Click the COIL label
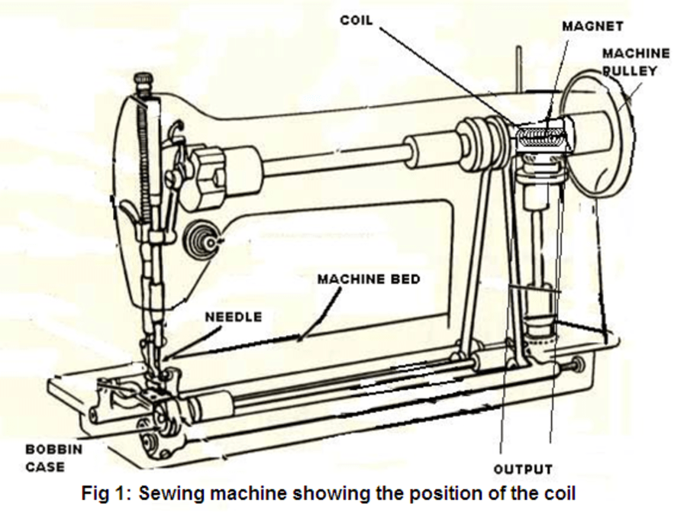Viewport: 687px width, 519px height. (356, 20)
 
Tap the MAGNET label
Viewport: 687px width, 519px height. (592, 26)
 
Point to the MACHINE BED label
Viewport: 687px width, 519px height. (368, 279)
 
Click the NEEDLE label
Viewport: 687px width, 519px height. (233, 317)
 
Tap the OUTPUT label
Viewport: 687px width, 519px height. (522, 468)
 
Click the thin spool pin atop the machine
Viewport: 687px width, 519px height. (519, 69)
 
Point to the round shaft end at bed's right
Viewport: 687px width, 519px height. (577, 364)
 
